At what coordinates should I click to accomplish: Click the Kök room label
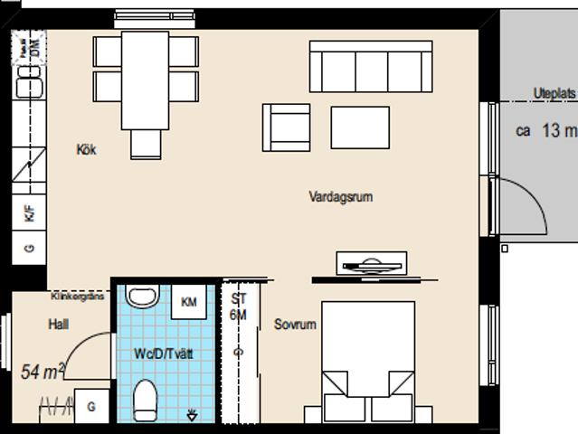(86, 150)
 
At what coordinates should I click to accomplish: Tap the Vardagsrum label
(340, 196)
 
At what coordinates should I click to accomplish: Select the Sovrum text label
(295, 324)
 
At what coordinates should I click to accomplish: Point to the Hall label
(60, 324)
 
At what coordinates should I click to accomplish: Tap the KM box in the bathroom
(190, 302)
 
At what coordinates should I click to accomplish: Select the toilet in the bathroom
(145, 400)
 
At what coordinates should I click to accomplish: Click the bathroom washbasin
(142, 296)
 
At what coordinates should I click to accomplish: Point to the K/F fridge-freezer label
(29, 214)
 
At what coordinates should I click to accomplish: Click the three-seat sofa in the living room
(370, 67)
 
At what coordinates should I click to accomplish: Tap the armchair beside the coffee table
(286, 127)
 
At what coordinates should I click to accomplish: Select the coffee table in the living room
(360, 127)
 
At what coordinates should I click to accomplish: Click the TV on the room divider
(372, 264)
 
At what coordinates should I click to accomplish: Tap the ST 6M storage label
(239, 307)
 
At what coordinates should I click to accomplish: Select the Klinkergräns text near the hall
(79, 296)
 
